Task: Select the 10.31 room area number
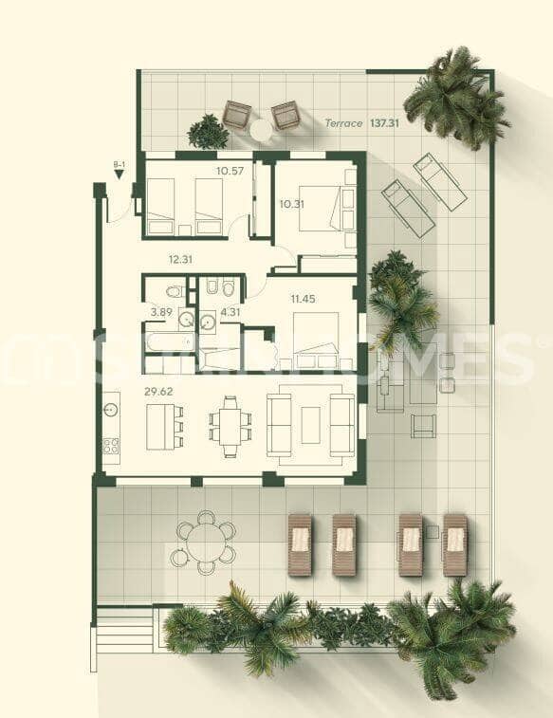point(292,203)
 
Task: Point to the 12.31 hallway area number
point(180,259)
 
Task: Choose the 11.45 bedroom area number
point(303,299)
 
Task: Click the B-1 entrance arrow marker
point(120,172)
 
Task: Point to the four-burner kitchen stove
point(111,444)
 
